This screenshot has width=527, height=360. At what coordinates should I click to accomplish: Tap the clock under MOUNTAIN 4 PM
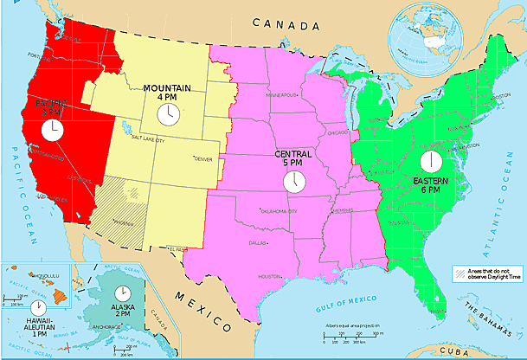170,114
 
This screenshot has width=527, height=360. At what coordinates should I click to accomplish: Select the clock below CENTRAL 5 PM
294,181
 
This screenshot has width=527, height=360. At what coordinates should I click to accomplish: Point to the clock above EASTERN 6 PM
430,161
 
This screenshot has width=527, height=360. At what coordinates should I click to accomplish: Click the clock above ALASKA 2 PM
124,292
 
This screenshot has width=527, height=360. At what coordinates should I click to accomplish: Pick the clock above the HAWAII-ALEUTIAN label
37,307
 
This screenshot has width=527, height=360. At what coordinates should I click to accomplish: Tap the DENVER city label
202,158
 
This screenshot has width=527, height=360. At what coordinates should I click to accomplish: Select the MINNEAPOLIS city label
283,94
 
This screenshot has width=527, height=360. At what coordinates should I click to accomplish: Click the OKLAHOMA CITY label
279,210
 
